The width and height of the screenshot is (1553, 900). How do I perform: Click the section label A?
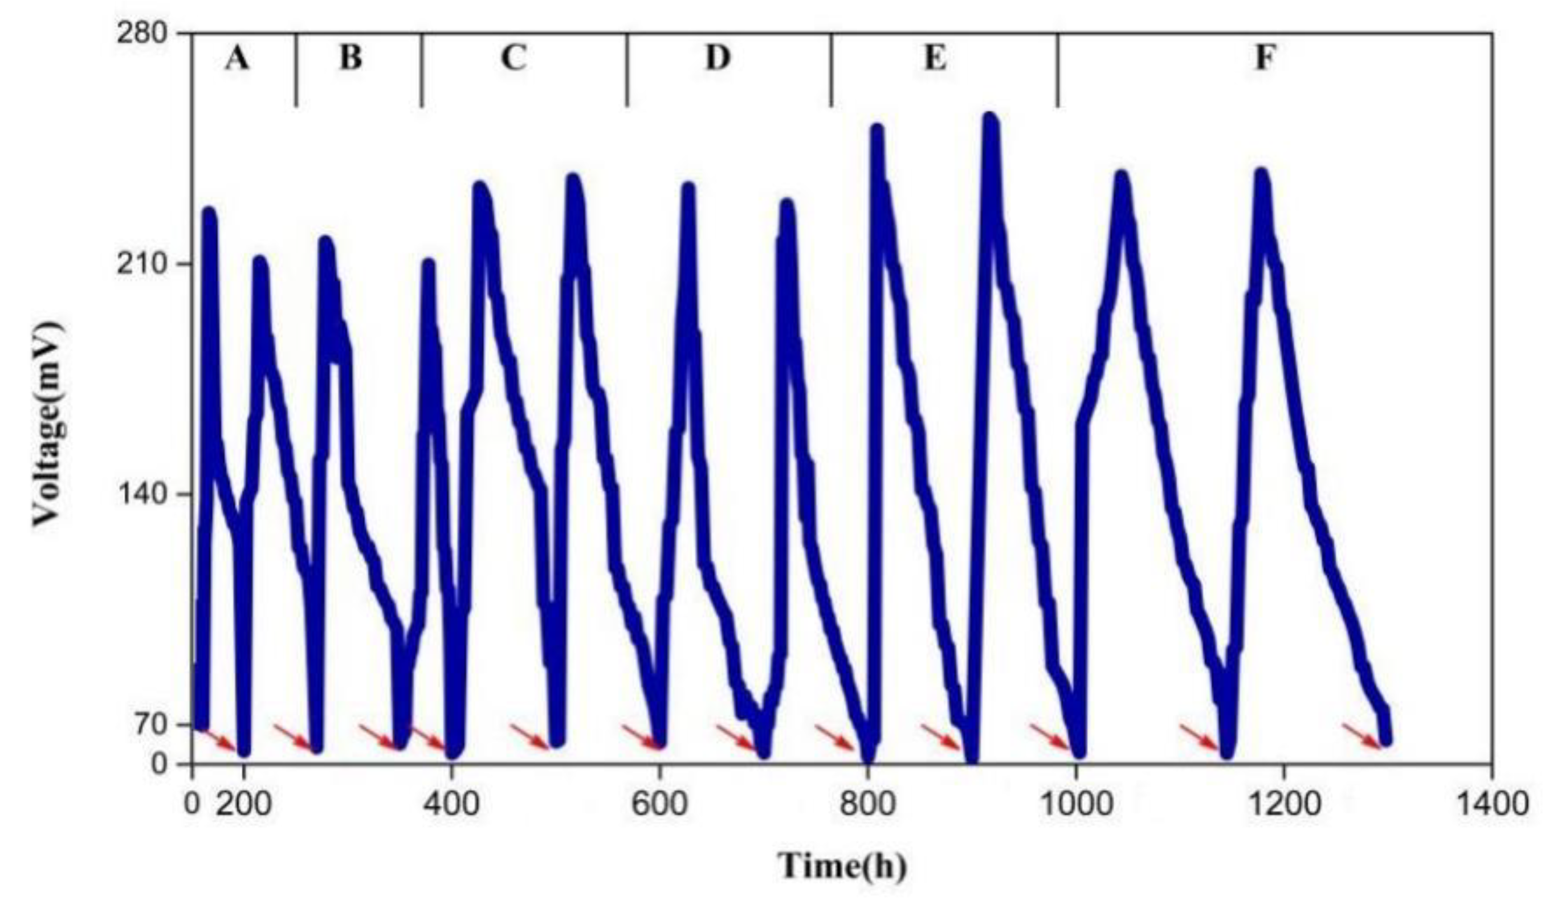tap(237, 59)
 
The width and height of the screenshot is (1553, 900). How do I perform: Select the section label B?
tap(350, 59)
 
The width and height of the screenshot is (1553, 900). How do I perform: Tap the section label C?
tap(513, 59)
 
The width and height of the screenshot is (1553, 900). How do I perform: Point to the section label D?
tap(718, 59)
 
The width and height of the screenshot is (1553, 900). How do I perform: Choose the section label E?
tap(935, 59)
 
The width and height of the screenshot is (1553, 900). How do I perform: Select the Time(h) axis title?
tap(842, 865)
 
